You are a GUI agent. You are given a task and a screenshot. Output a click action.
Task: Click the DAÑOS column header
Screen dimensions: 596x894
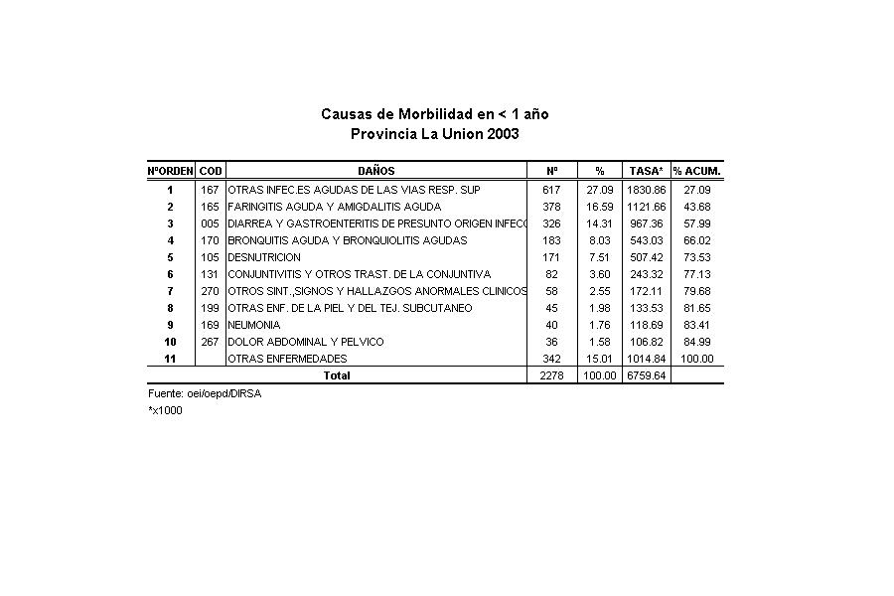point(376,171)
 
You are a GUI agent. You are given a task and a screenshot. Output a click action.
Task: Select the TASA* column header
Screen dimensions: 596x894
point(646,171)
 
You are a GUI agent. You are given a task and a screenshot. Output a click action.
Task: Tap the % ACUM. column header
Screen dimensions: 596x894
point(697,171)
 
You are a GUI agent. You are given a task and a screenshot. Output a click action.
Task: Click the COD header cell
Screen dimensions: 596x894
point(211,171)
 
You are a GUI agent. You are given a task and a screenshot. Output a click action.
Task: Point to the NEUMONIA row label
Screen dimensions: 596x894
point(254,325)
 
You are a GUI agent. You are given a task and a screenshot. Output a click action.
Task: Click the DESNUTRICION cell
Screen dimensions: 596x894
point(263,257)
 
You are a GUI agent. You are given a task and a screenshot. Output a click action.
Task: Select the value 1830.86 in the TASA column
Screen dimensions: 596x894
point(646,190)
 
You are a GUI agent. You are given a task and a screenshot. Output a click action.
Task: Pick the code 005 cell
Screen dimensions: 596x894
point(210,223)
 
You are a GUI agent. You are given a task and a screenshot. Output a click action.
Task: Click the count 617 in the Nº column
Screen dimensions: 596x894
point(551,190)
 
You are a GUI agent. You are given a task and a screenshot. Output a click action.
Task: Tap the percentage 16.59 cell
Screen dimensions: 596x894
point(599,207)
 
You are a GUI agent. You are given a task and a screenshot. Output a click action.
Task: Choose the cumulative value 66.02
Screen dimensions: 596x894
point(697,240)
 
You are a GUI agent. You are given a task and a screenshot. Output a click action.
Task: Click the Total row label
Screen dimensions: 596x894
point(337,375)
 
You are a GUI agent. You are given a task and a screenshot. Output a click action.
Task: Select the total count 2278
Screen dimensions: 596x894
point(551,375)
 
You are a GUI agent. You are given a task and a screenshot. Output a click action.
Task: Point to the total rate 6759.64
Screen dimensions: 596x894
point(646,375)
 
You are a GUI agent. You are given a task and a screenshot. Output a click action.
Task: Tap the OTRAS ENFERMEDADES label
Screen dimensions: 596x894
point(287,359)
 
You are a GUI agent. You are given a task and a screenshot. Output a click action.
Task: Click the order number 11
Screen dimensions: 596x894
point(170,359)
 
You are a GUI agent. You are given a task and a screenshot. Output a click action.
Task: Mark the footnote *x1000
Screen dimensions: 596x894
point(165,410)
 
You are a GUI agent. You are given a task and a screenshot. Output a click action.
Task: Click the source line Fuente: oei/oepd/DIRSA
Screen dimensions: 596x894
point(205,393)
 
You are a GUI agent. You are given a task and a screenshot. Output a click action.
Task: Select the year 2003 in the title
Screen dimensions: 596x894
point(503,134)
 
